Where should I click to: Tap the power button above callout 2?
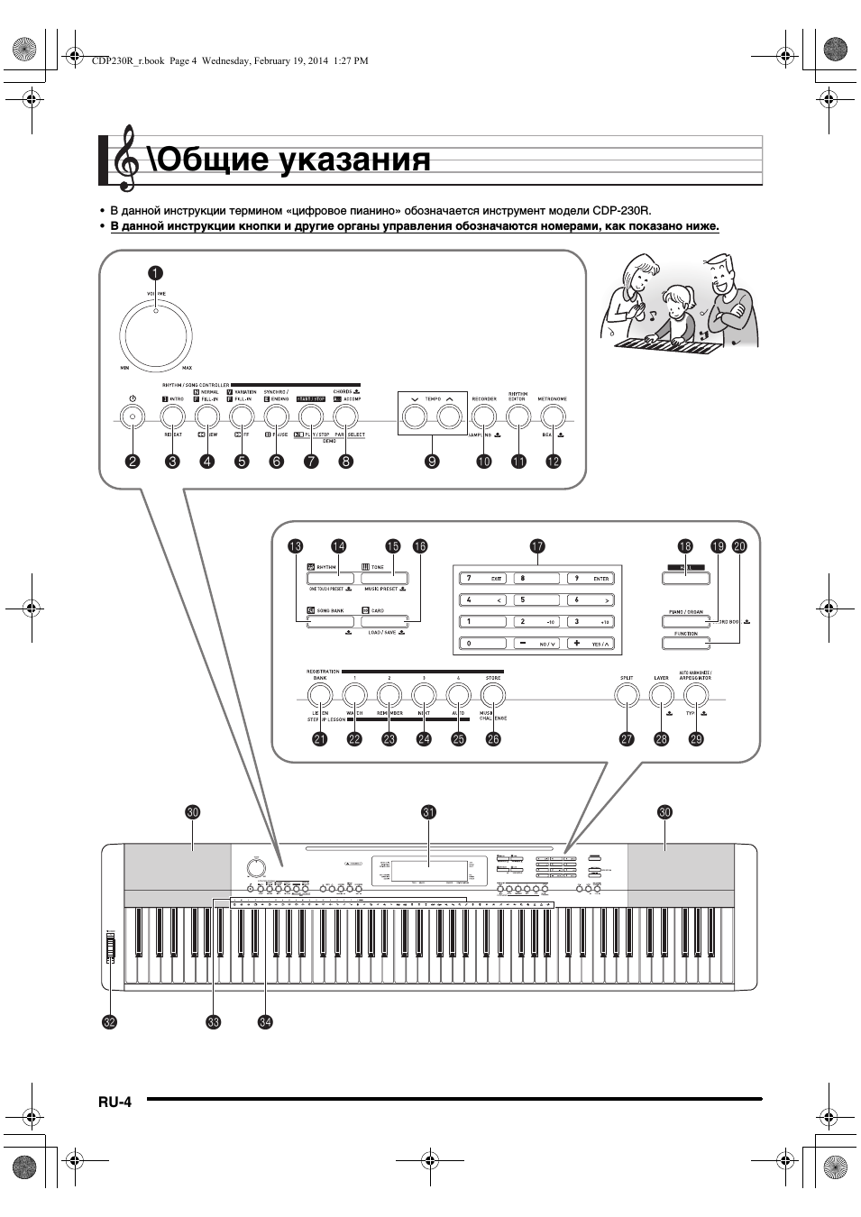(133, 416)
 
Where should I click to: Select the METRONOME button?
(553, 416)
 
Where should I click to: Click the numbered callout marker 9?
(432, 462)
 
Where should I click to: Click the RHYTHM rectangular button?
(331, 579)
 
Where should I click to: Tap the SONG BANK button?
(331, 621)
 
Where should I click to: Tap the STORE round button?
(492, 695)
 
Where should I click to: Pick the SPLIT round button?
(626, 695)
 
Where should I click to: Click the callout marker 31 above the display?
(428, 812)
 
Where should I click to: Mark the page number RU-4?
(115, 1102)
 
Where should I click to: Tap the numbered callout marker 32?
(110, 1022)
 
